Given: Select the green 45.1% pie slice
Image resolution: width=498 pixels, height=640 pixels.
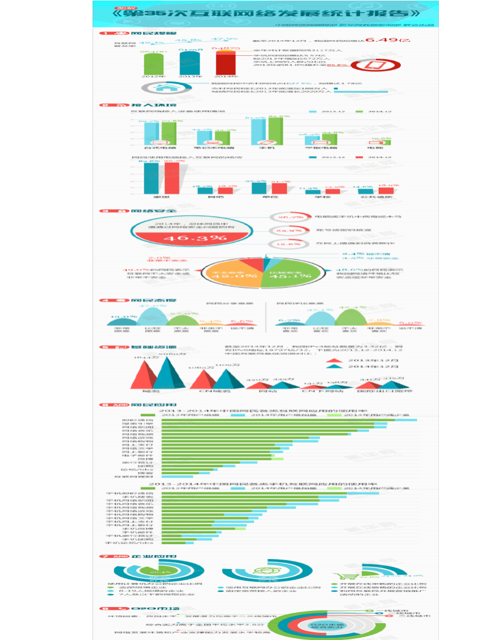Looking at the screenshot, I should click(x=291, y=275).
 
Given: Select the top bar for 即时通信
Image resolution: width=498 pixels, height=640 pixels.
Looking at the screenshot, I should click(x=268, y=420).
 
